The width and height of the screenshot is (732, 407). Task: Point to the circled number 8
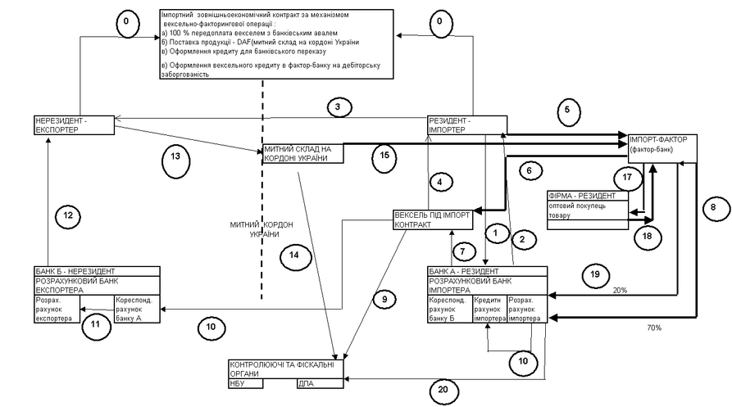713,208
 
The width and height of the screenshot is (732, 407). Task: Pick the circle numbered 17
629,177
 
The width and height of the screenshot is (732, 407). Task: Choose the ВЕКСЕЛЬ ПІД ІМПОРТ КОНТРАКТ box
432,219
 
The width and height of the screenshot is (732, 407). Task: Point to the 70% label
652,328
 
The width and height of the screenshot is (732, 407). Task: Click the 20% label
620,291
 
